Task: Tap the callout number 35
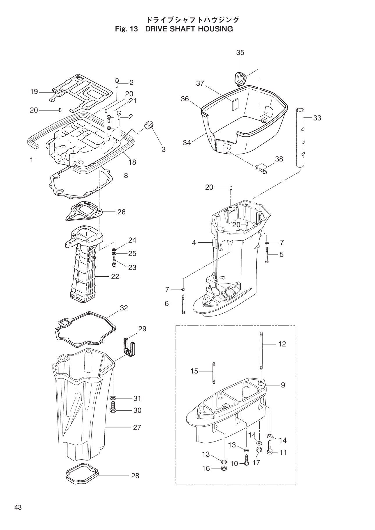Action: point(240,53)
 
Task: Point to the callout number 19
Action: point(34,92)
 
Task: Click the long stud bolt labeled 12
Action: point(261,351)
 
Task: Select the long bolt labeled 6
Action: point(183,304)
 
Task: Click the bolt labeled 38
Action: point(263,171)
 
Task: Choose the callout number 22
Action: point(115,276)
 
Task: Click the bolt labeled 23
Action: point(114,262)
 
